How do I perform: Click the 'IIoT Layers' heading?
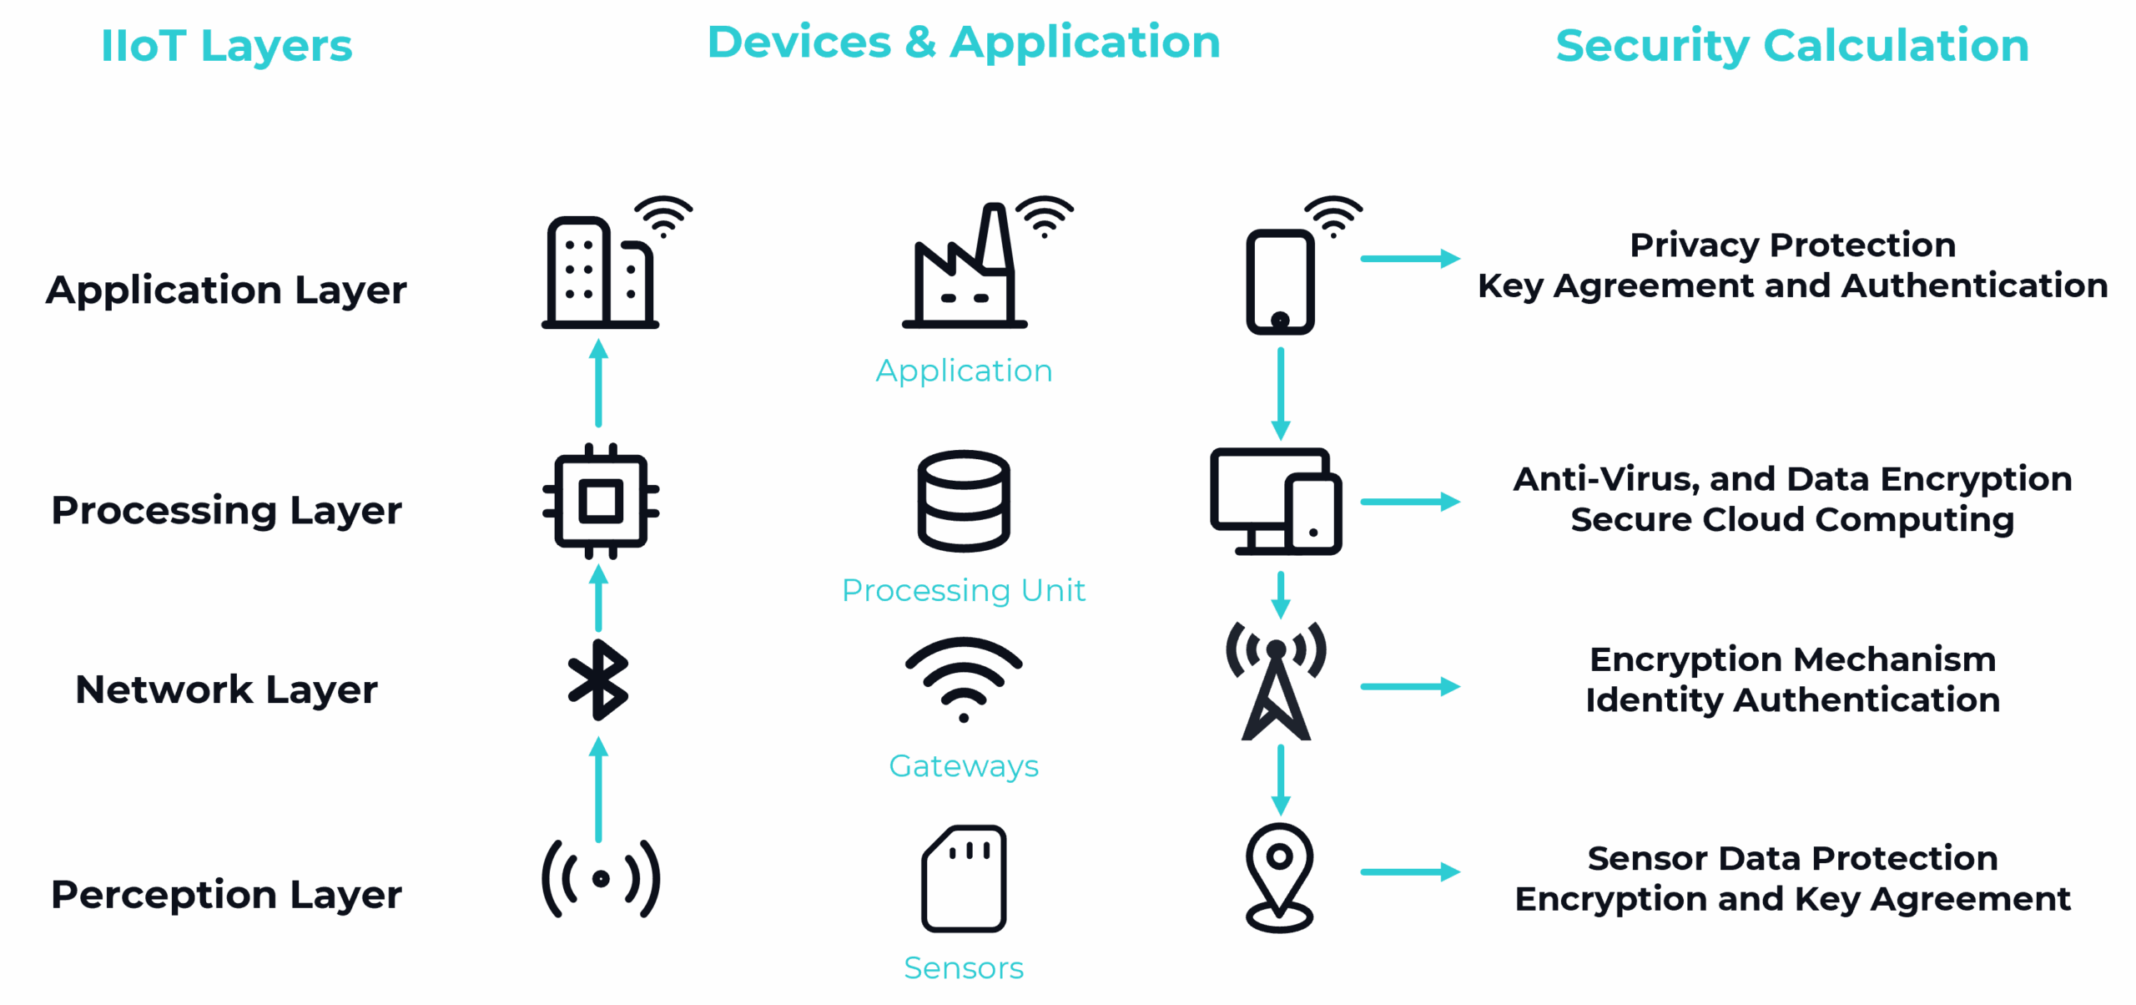[226, 46]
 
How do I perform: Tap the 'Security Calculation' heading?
[1792, 46]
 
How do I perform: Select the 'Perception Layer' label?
[226, 895]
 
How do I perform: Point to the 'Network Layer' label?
[226, 690]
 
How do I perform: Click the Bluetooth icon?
[598, 680]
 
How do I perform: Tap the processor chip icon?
[601, 501]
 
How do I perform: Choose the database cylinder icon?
[964, 501]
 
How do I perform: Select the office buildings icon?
[601, 271]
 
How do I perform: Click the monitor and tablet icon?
[1277, 502]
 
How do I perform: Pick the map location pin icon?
[1279, 876]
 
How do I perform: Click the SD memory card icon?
[964, 879]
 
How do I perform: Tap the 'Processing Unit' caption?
[964, 591]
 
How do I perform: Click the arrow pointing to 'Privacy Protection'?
[1410, 259]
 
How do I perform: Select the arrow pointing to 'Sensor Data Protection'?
[1410, 872]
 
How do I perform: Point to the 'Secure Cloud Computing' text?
[1792, 520]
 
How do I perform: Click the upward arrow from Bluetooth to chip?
[598, 598]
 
